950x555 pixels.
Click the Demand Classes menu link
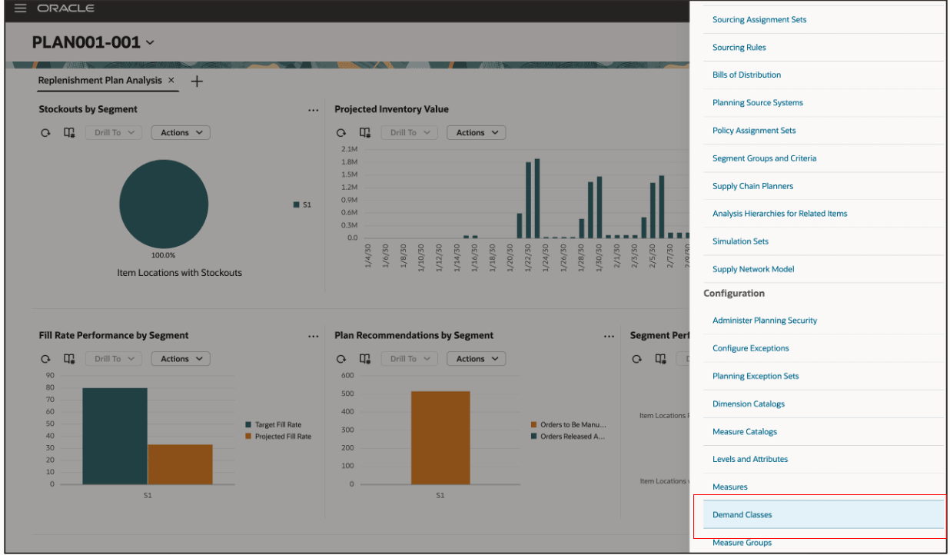[x=742, y=515]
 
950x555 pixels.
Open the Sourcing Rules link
[x=739, y=48]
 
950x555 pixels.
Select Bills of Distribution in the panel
[x=746, y=75]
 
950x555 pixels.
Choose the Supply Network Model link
[x=752, y=269]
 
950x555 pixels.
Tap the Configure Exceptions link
[x=750, y=348]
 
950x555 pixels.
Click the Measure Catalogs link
[x=744, y=432]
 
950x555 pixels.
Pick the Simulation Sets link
[x=740, y=241]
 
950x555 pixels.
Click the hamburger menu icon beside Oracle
[x=20, y=8]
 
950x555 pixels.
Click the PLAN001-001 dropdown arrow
[x=150, y=43]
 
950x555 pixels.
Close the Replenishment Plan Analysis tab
[x=171, y=80]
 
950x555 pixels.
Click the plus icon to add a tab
[x=197, y=81]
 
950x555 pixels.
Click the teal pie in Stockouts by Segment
[x=164, y=204]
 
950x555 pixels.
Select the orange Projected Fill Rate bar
[x=180, y=464]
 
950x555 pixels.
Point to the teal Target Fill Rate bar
[x=115, y=436]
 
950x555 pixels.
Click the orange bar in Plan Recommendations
[x=440, y=437]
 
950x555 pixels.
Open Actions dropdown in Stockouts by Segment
[x=181, y=133]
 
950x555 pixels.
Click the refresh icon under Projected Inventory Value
[x=341, y=133]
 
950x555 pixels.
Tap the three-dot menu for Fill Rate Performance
[x=313, y=336]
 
